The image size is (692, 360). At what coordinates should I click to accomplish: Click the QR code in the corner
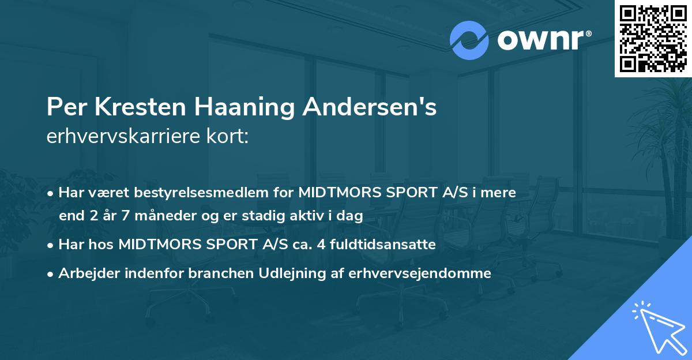[653, 39]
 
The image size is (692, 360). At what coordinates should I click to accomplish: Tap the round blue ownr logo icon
[469, 39]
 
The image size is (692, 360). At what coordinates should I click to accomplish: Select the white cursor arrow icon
[656, 329]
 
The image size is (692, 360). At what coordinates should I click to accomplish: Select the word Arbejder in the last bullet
[86, 273]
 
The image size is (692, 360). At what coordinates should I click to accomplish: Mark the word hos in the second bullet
[104, 245]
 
